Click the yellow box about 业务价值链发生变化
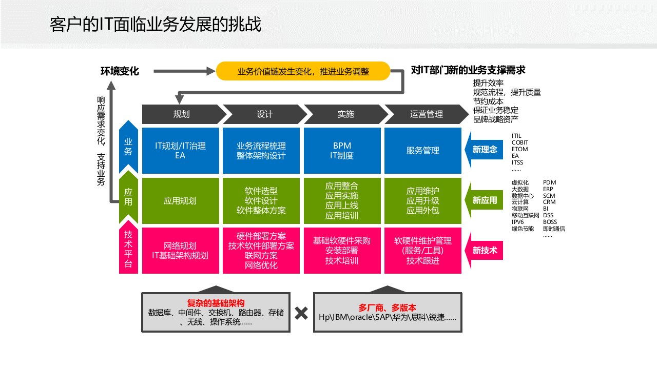[303, 71]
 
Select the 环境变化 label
[120, 71]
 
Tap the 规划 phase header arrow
[182, 114]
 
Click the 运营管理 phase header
[426, 114]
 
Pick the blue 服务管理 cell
[422, 151]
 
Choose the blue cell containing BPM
[341, 151]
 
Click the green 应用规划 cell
[180, 201]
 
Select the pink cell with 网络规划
[180, 251]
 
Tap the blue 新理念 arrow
[484, 150]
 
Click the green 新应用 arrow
[484, 200]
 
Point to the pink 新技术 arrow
[484, 251]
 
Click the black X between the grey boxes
[302, 313]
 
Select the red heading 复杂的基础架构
[216, 303]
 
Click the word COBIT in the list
[520, 142]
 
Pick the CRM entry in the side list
[549, 202]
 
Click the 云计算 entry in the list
[520, 202]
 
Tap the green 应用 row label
[128, 197]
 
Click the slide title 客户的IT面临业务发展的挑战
[156, 25]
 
